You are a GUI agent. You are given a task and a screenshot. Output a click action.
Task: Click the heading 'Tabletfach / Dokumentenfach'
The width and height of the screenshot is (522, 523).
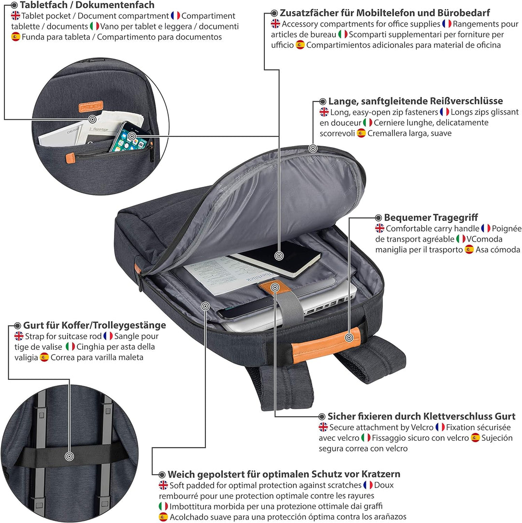87,5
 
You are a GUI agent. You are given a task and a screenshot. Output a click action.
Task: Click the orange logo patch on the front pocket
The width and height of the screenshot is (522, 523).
90,107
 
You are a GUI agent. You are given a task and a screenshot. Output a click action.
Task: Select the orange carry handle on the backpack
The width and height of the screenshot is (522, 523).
326,344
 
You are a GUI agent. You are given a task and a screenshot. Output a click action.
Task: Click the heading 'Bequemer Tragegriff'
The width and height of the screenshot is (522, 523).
431,217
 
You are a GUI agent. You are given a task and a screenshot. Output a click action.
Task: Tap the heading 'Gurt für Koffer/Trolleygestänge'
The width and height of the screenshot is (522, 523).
95,325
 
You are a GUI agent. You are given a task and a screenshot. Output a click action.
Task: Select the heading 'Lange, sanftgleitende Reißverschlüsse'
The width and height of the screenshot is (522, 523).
415,101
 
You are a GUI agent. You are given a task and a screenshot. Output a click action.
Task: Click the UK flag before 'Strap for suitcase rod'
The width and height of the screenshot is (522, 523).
19,336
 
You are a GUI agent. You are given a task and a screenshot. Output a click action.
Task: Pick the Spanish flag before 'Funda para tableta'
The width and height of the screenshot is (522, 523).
15,37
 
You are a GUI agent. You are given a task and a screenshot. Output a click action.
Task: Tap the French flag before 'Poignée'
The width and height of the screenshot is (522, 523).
486,228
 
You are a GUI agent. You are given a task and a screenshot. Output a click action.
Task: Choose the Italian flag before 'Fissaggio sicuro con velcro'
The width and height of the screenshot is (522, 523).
366,438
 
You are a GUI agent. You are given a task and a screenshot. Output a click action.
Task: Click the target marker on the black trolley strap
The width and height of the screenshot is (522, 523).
69,456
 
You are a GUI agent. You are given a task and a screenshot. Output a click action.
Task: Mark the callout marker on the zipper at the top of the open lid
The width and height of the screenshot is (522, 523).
313,149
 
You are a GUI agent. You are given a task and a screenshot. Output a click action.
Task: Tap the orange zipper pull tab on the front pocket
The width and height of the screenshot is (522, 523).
70,158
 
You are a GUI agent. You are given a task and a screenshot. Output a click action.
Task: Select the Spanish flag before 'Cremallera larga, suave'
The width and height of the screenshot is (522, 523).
362,134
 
